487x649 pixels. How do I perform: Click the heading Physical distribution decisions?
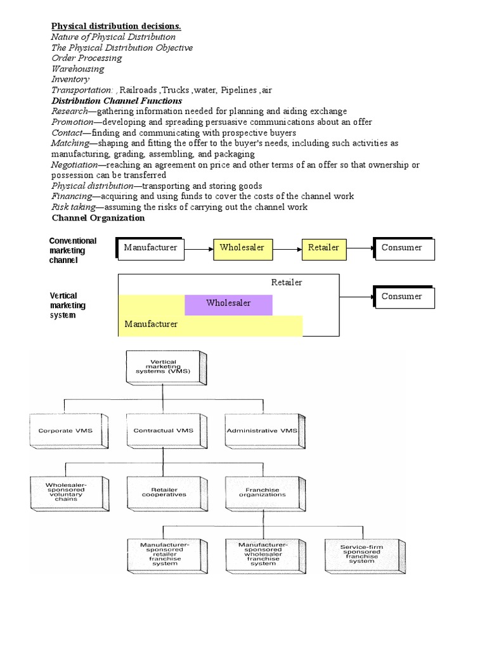[116, 26]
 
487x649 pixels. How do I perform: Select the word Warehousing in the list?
[78, 68]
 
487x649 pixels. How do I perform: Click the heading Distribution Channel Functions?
[117, 101]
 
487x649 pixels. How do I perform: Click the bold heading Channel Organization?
[98, 218]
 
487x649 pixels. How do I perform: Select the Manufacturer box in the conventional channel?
[151, 248]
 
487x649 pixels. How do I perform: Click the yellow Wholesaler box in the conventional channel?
[242, 248]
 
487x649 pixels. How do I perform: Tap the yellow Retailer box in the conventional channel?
[324, 248]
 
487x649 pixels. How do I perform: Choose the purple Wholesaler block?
[228, 304]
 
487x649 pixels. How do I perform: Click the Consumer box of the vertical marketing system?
[405, 297]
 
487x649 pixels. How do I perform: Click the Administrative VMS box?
[262, 431]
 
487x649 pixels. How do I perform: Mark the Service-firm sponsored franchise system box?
[362, 553]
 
